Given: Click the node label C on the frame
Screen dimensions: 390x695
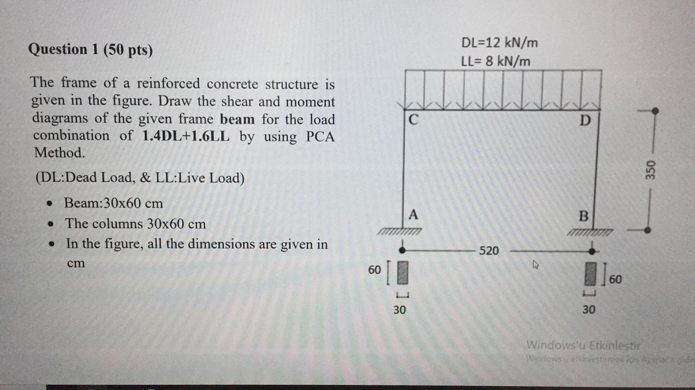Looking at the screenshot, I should [414, 119].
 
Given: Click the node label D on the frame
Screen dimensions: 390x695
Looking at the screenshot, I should [585, 120].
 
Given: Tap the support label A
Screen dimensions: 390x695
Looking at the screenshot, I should [413, 214].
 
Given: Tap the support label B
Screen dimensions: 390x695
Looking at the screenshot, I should [584, 216].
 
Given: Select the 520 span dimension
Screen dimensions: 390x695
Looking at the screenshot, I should [489, 251].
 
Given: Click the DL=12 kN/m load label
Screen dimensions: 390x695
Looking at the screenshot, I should [499, 43].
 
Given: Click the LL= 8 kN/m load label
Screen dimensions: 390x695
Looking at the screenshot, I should [495, 61].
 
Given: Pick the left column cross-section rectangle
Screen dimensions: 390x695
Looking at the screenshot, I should [403, 272].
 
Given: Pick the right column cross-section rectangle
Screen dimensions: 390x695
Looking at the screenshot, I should [590, 274].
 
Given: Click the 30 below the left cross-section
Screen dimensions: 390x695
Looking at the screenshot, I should [400, 310].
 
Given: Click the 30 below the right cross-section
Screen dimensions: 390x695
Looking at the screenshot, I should [589, 309].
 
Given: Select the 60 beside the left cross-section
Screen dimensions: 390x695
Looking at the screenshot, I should [374, 270].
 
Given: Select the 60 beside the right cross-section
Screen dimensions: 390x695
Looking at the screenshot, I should [616, 279].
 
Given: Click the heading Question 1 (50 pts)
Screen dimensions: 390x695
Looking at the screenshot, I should [90, 49].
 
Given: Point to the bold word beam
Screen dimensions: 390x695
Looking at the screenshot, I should [237, 119].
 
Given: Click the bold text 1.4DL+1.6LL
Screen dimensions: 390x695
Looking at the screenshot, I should [186, 136].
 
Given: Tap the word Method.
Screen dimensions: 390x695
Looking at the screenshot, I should [60, 153].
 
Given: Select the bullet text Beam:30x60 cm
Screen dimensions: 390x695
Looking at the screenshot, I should [113, 203].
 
